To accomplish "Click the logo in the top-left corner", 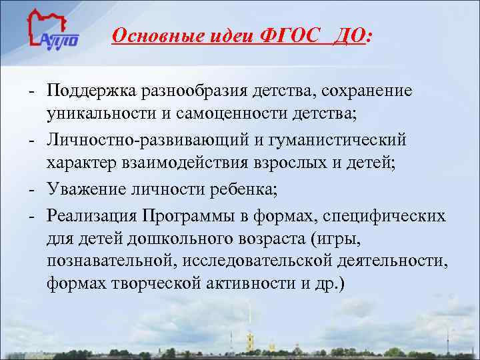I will click(x=53, y=33).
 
